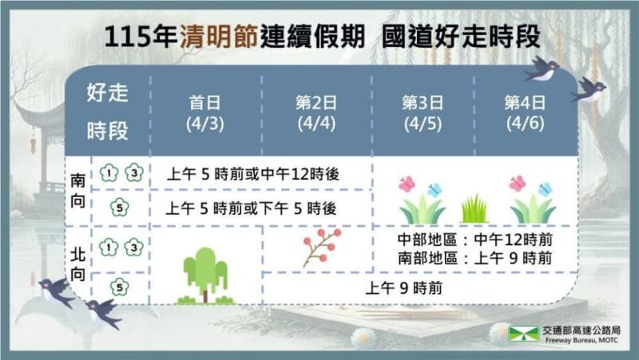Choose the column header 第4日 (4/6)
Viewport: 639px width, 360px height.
pyautogui.click(x=525, y=113)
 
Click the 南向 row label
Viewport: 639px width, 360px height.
pyautogui.click(x=77, y=190)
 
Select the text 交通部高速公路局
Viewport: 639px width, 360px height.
pyautogui.click(x=581, y=330)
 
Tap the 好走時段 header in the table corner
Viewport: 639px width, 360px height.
pyautogui.click(x=107, y=111)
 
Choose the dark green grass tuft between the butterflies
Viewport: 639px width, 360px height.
pyautogui.click(x=474, y=210)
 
